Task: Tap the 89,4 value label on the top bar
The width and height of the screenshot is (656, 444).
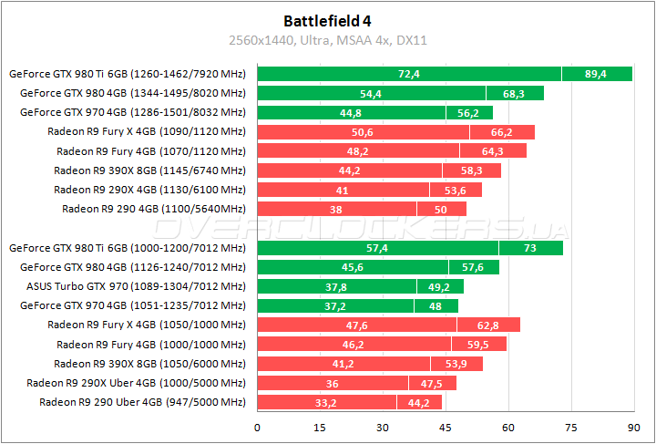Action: pyautogui.click(x=596, y=74)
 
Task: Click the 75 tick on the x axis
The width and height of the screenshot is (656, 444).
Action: pyautogui.click(x=570, y=427)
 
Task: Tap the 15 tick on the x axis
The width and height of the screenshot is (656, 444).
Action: pyautogui.click(x=321, y=427)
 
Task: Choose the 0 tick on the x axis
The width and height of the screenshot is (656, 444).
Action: pyautogui.click(x=258, y=427)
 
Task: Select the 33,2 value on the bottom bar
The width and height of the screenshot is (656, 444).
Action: pyautogui.click(x=326, y=402)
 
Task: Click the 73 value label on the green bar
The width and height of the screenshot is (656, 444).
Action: pyautogui.click(x=530, y=248)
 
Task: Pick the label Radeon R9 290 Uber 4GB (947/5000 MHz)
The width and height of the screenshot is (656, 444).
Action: pyautogui.click(x=142, y=402)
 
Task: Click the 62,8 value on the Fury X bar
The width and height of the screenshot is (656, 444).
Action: pyautogui.click(x=488, y=325)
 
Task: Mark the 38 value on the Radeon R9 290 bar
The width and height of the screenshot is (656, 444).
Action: pyautogui.click(x=336, y=209)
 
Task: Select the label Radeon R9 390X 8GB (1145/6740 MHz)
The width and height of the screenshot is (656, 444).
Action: pyautogui.click(x=149, y=170)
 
